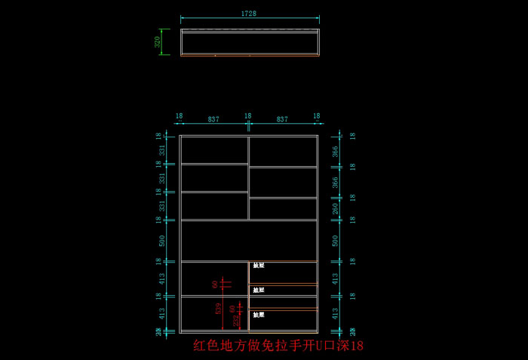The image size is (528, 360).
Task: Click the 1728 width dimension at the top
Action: tap(248, 14)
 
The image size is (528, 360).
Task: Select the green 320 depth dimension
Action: tap(158, 42)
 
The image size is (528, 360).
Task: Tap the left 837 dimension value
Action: tap(213, 118)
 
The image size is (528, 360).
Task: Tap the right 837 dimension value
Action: tap(282, 118)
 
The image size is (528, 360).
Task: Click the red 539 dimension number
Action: tap(219, 308)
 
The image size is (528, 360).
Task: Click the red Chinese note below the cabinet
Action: tap(278, 346)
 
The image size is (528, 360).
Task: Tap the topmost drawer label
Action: tap(259, 266)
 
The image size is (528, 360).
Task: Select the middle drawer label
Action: tap(259, 290)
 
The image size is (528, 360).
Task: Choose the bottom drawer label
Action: tap(259, 314)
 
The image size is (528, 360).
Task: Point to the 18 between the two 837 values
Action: tap(247, 116)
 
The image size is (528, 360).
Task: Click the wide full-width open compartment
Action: tap(250, 241)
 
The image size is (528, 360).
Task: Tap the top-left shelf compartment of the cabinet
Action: tap(214, 149)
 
